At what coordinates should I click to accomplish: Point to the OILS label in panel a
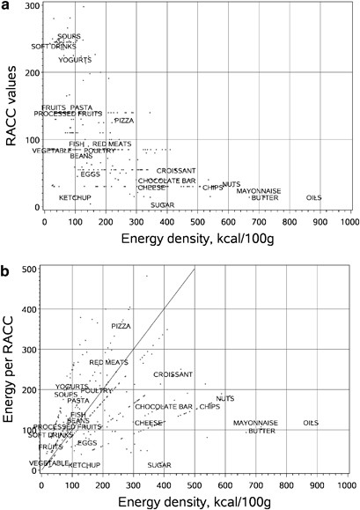click(313, 197)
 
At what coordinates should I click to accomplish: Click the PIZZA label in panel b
click(121, 326)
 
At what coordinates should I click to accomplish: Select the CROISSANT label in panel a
click(176, 170)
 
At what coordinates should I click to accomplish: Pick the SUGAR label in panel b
click(159, 464)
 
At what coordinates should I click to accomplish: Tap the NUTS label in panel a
click(231, 184)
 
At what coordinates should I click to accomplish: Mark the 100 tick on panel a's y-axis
click(33, 140)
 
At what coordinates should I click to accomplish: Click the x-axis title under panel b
click(193, 501)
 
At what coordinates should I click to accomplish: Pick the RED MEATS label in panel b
click(109, 362)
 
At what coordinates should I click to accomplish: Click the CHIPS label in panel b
click(209, 407)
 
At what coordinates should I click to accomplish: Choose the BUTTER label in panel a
click(264, 197)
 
